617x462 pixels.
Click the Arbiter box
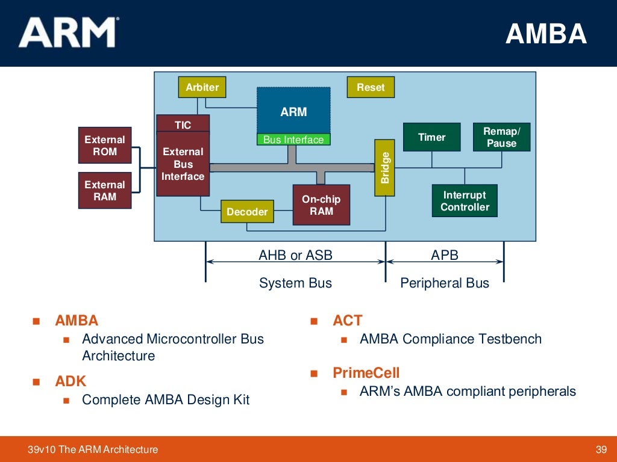pyautogui.click(x=202, y=87)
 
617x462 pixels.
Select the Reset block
pyautogui.click(x=371, y=87)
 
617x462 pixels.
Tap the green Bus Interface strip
pyautogui.click(x=293, y=140)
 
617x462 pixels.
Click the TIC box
pyautogui.click(x=183, y=124)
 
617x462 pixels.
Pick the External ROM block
pyautogui.click(x=105, y=146)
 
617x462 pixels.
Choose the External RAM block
pyautogui.click(x=105, y=191)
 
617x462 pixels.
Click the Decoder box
pyautogui.click(x=247, y=212)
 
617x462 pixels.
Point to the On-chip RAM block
pyautogui.click(x=321, y=205)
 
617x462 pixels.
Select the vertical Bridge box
pyautogui.click(x=384, y=168)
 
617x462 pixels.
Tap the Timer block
pyautogui.click(x=431, y=137)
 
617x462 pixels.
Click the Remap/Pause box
pyautogui.click(x=502, y=137)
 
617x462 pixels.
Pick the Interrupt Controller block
pyautogui.click(x=465, y=201)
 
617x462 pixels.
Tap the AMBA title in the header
pyautogui.click(x=546, y=34)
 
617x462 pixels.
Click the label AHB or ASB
pyautogui.click(x=295, y=255)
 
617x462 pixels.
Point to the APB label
pyautogui.click(x=445, y=255)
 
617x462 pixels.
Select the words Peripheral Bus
pyautogui.click(x=445, y=283)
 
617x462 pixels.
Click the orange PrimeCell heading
pyautogui.click(x=366, y=372)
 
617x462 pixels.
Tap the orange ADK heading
pyautogui.click(x=70, y=381)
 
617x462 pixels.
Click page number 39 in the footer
pyautogui.click(x=601, y=449)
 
